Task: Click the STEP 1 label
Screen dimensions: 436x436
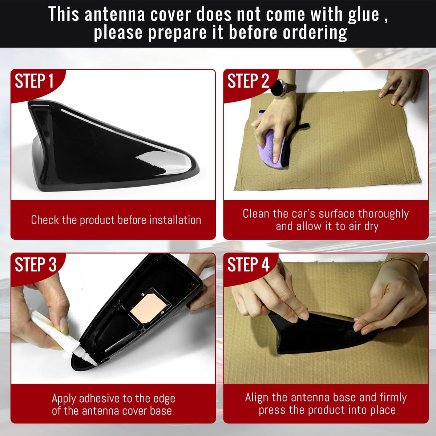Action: tap(34, 81)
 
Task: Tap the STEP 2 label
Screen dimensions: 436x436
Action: tap(248, 81)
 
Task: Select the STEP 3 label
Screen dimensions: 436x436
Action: tap(36, 265)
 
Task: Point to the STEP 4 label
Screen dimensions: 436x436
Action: tap(248, 265)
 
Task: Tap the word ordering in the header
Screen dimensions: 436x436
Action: tap(315, 32)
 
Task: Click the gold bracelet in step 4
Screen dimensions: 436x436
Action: tap(399, 262)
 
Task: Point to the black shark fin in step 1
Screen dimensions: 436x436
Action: tap(113, 147)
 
